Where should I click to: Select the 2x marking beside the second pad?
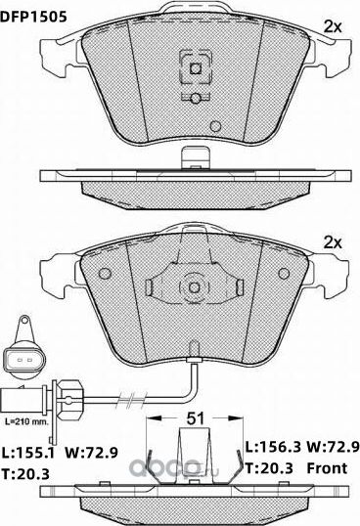[333, 242]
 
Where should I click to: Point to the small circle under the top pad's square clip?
[194, 97]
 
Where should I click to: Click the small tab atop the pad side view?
[194, 155]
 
